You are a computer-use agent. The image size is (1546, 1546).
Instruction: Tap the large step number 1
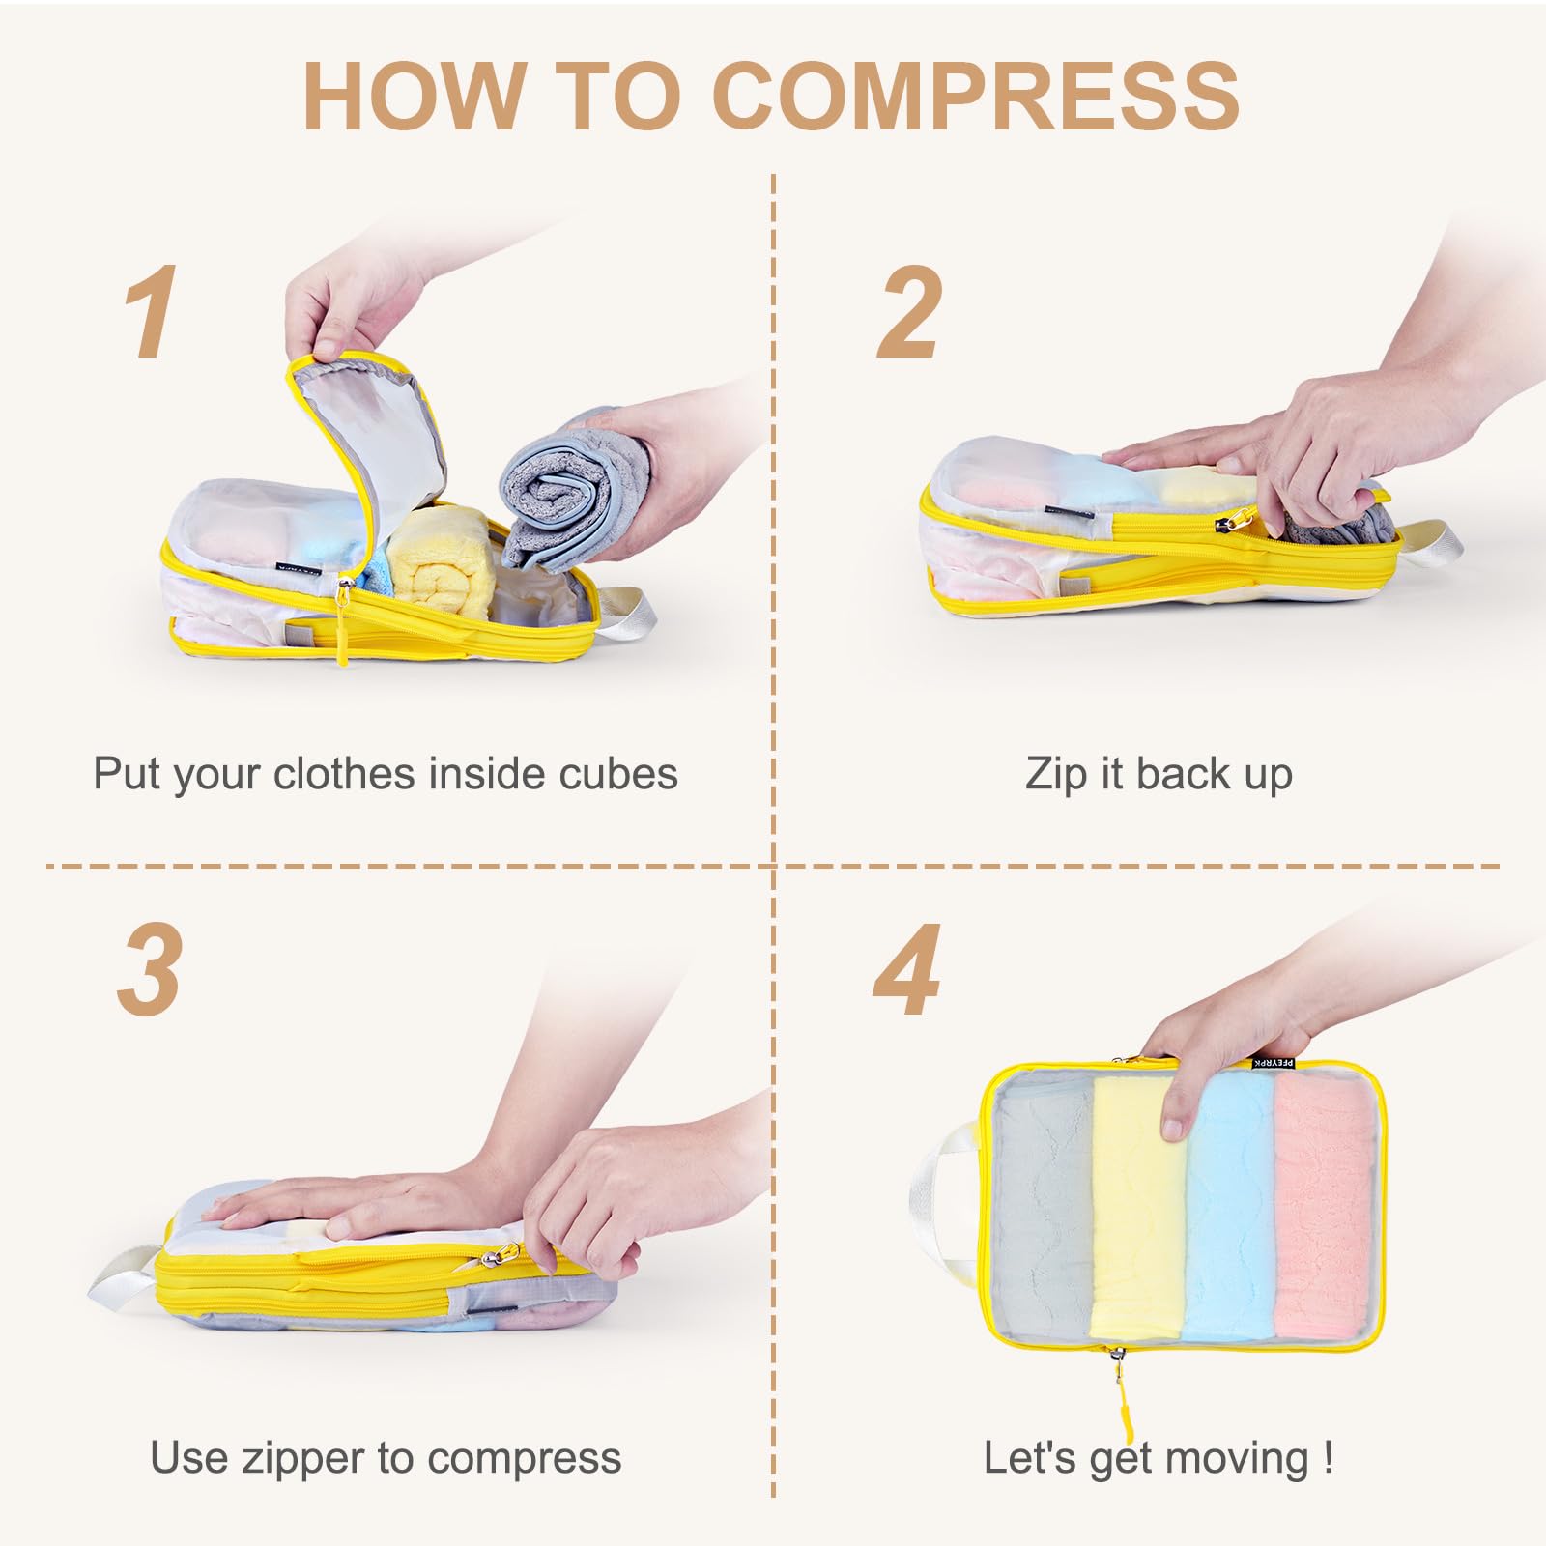pos(151,311)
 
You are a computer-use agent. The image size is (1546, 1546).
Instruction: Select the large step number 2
pos(908,311)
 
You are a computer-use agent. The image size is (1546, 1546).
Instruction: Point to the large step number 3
pos(150,969)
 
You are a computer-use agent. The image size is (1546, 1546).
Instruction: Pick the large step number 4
pos(907,969)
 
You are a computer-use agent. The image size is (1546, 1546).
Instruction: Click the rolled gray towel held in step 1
pos(560,488)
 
